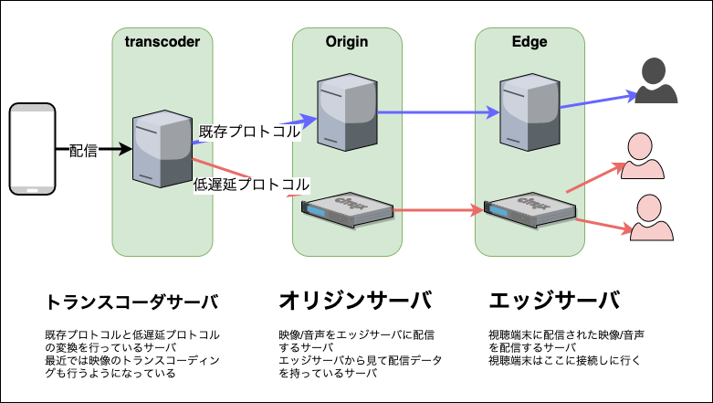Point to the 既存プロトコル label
(249, 133)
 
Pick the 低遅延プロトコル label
(252, 184)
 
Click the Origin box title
(347, 41)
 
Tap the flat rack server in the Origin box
(347, 209)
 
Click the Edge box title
(530, 41)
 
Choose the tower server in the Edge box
(529, 112)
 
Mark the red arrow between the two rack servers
(438, 211)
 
